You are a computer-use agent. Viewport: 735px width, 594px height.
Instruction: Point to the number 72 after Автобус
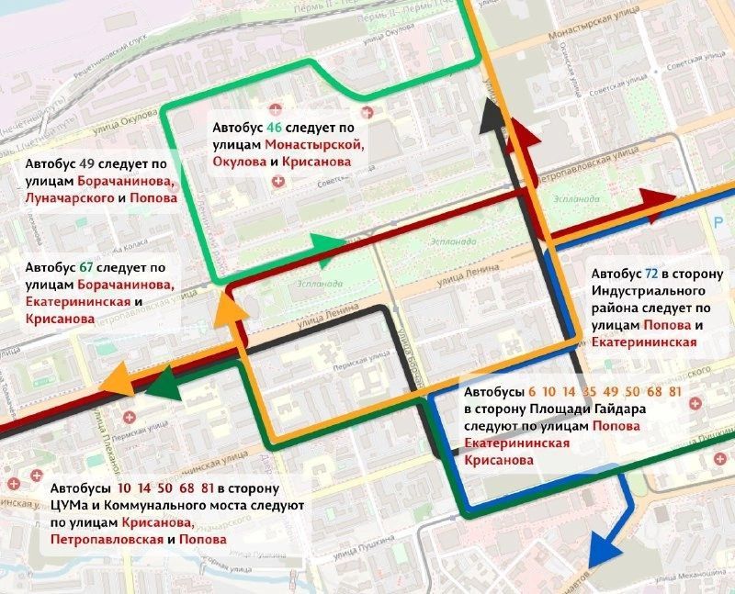coord(650,274)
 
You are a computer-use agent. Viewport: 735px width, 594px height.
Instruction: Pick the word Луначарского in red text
coord(62,198)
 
